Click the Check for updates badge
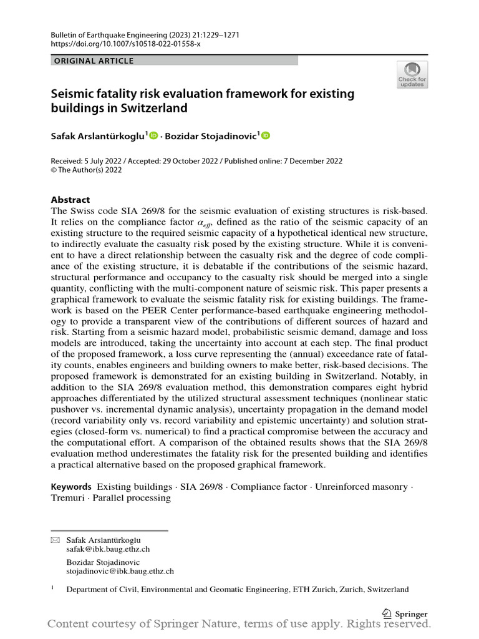point(412,74)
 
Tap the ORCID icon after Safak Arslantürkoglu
point(153,135)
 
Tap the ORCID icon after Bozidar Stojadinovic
point(266,135)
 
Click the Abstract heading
point(71,200)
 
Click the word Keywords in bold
point(71,486)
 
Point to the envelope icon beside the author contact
point(54,539)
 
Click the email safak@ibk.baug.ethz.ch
point(108,549)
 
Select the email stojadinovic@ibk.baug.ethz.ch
point(120,570)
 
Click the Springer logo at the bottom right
point(405,614)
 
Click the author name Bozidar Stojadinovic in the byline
point(211,135)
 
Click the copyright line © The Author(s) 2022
point(86,170)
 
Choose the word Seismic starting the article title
point(72,94)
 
